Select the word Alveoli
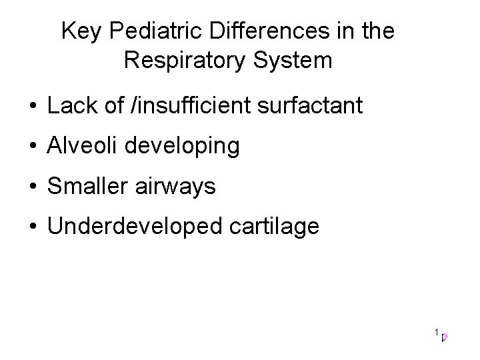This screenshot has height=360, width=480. (84, 146)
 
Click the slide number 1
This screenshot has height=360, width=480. (436, 332)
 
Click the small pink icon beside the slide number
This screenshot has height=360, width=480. (445, 337)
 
